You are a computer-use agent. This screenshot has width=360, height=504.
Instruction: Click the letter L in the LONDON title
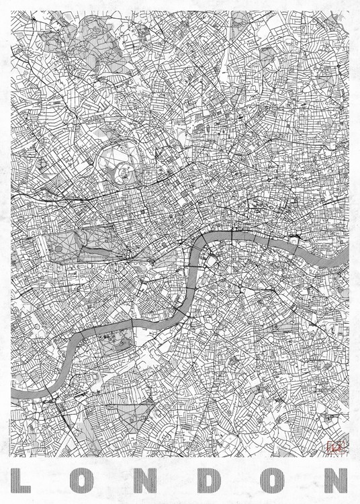click(25, 480)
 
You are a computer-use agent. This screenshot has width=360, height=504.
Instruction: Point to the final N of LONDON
click(333, 480)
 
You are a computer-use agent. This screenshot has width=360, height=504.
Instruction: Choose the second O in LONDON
click(272, 480)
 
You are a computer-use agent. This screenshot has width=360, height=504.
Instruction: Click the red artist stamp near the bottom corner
click(334, 446)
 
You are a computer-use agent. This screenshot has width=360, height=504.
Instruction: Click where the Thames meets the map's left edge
click(13, 392)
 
